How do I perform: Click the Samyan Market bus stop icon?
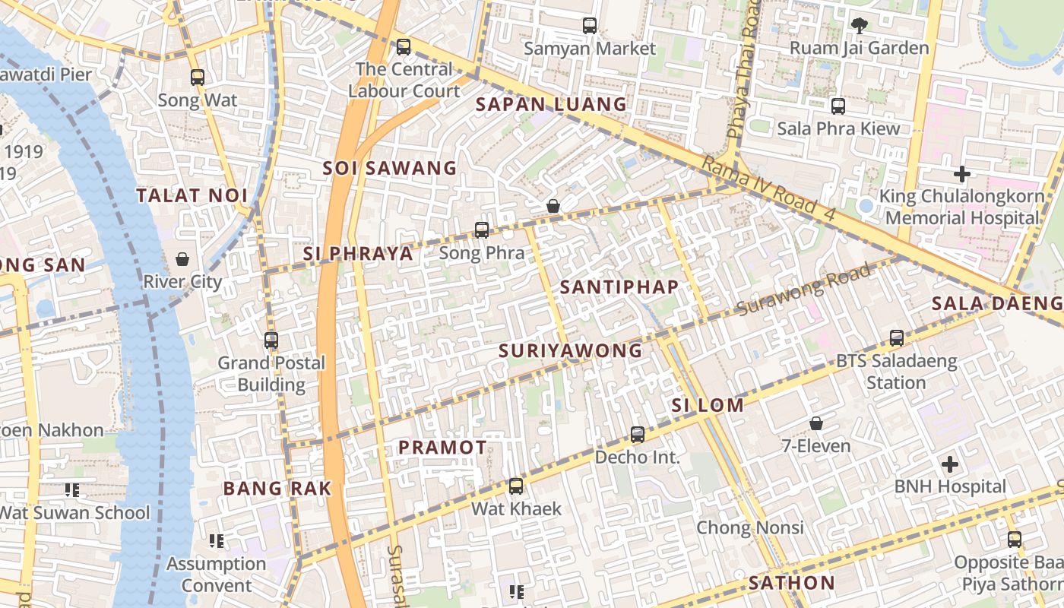tap(590, 26)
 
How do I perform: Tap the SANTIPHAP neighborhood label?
tap(619, 287)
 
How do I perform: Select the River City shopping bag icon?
tap(182, 260)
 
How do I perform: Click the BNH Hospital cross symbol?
tap(949, 464)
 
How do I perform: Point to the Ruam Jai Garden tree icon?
tap(859, 26)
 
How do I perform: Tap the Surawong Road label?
tap(803, 290)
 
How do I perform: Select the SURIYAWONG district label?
tap(571, 351)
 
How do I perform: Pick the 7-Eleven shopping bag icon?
tap(816, 423)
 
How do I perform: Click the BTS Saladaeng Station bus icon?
tap(897, 338)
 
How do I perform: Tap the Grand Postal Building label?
tap(271, 374)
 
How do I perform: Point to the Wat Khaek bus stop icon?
tap(516, 486)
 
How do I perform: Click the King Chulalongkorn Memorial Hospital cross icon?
tap(962, 174)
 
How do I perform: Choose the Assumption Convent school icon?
tap(217, 541)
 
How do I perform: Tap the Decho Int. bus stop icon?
tap(638, 435)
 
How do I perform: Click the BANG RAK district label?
tap(277, 489)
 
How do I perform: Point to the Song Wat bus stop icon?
tap(198, 78)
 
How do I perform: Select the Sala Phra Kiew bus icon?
tap(838, 106)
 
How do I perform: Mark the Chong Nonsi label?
tap(750, 527)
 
